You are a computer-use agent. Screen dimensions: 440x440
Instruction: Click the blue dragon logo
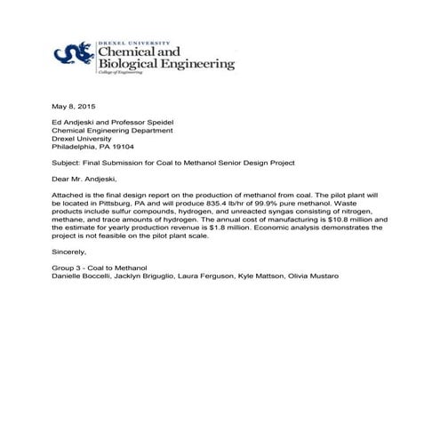[73, 56]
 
